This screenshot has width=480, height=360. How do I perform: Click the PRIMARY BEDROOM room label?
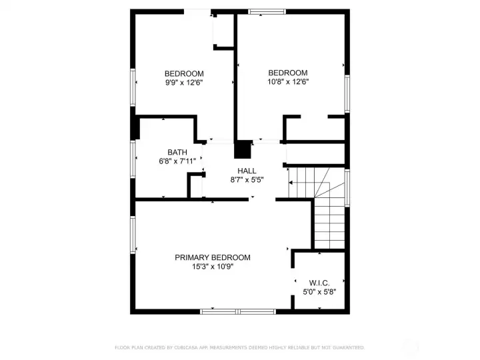point(212,257)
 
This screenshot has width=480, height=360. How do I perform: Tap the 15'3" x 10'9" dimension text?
point(212,266)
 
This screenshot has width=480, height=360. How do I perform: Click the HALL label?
point(247,171)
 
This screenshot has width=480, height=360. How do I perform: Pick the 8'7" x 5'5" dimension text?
point(247,180)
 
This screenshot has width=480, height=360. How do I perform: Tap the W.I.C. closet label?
point(320,283)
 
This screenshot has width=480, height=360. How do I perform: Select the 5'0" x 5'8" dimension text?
point(320,291)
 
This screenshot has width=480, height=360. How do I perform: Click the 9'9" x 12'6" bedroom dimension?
point(184,83)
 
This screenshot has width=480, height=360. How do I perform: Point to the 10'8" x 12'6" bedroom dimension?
point(287,82)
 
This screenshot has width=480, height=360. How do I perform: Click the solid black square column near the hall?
point(244,149)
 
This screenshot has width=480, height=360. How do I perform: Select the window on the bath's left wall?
point(134,159)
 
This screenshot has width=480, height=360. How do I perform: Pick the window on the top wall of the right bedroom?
point(267,11)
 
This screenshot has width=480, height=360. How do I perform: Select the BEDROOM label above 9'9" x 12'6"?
point(184,73)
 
